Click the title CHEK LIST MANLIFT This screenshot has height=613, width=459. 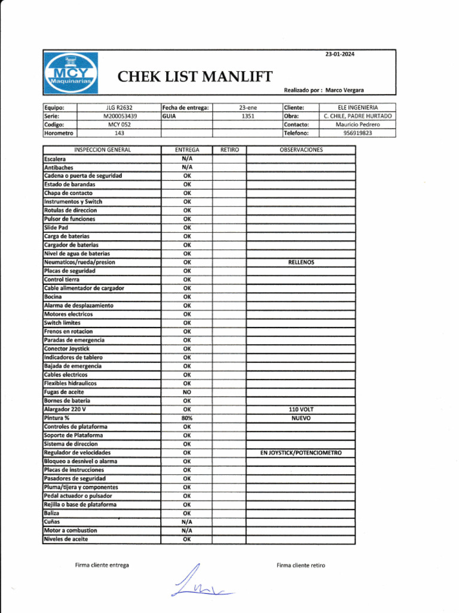[x=195, y=77]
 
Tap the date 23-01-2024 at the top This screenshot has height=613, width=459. [x=339, y=54]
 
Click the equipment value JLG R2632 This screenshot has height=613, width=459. [x=119, y=107]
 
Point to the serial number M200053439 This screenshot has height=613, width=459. [x=120, y=116]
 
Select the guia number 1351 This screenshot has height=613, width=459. [x=248, y=116]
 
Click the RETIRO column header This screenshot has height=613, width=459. [x=229, y=150]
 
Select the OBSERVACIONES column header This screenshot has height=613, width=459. [x=301, y=150]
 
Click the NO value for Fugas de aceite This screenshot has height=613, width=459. [x=187, y=392]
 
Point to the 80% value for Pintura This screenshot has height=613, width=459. [x=187, y=418]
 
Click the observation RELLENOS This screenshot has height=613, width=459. [x=301, y=262]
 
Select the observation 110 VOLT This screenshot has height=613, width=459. [x=301, y=409]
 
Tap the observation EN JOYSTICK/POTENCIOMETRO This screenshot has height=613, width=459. [x=301, y=453]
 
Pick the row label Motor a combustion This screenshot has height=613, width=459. [x=71, y=530]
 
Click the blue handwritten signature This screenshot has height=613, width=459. [x=197, y=583]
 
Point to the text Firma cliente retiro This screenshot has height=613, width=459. [x=301, y=565]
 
